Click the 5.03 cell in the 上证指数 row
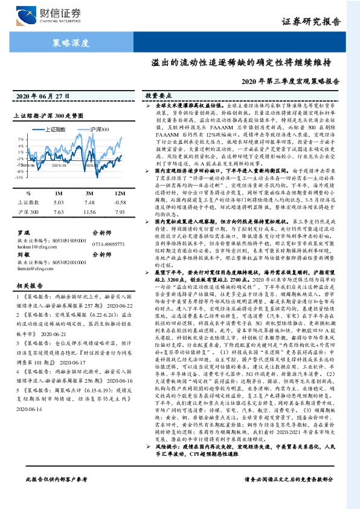pos(59,202)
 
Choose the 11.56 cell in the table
pos(90,213)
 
